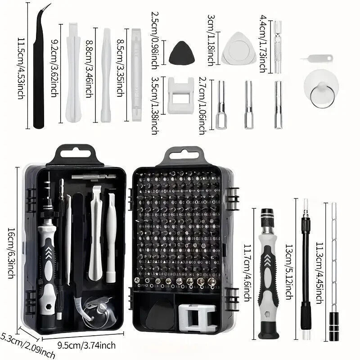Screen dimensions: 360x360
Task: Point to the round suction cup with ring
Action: click(x=321, y=88)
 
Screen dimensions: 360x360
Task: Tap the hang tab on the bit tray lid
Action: click(x=180, y=156)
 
